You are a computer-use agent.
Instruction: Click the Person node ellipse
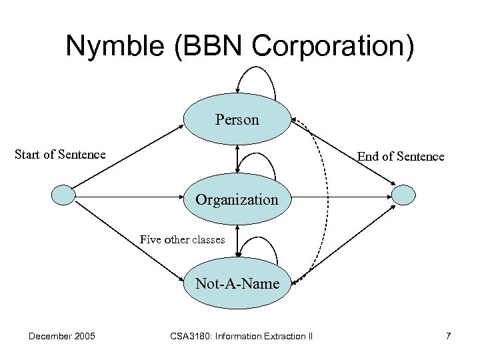(x=237, y=120)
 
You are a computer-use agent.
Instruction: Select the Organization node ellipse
(x=237, y=199)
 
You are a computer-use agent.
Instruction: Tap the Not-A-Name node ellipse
(x=237, y=283)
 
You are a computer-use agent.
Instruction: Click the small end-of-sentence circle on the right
(x=403, y=195)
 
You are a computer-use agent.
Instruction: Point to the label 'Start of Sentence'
(x=60, y=155)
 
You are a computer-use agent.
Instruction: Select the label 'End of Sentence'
(x=400, y=157)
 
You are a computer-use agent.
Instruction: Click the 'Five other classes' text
(x=182, y=239)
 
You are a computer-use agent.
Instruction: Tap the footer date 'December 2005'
(x=61, y=336)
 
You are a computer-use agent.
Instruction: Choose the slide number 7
(x=448, y=336)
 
